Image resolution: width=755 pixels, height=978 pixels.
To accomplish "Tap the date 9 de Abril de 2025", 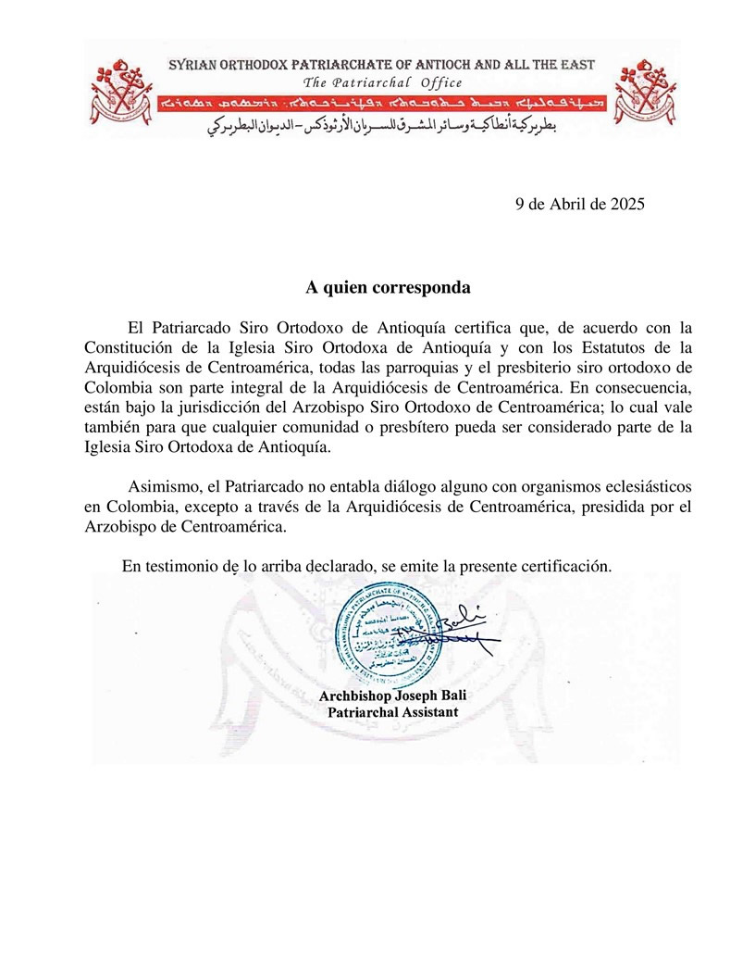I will (578, 205).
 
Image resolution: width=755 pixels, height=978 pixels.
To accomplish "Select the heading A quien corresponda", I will (389, 287).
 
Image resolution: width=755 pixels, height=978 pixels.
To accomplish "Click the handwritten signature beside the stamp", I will (458, 630).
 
